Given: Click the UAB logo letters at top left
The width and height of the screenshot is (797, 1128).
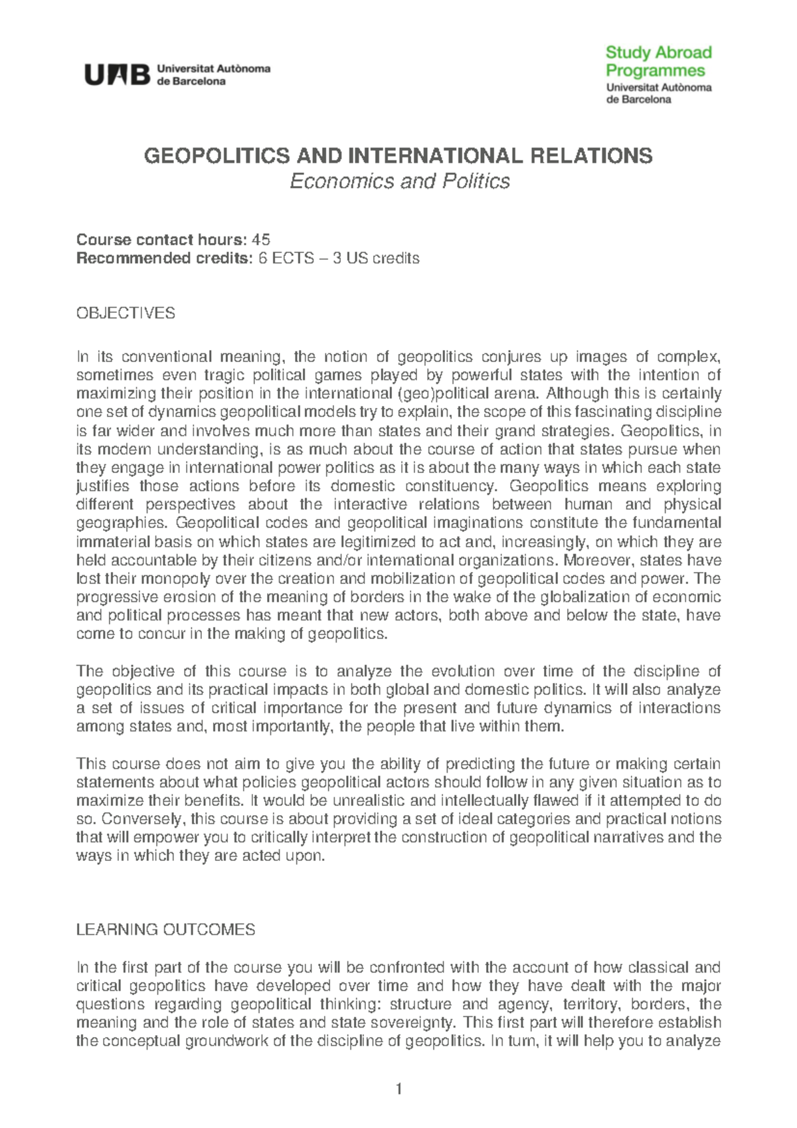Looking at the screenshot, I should coord(116,75).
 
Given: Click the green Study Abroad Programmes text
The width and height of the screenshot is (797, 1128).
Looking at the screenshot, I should coord(658,61).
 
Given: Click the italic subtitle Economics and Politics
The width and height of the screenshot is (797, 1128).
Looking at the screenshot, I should coord(399,181).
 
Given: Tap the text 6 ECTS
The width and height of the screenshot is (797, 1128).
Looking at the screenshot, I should coord(286,258).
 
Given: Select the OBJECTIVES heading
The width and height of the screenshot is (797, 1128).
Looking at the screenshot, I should coord(126,313).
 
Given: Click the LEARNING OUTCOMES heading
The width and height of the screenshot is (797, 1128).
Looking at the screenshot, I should coord(165,929).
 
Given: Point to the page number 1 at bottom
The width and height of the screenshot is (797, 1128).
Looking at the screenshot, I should coord(398,1089).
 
